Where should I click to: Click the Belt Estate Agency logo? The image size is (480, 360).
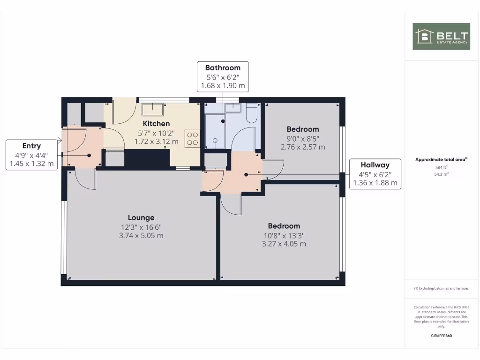pos(441,36)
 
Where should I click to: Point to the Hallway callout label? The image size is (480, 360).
pos(375,173)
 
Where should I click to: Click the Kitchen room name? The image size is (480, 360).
pos(156,124)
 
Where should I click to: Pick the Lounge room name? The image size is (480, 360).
pos(141,217)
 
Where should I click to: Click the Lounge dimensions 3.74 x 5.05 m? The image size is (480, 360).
pos(141,235)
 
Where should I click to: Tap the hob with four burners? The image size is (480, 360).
pos(192,138)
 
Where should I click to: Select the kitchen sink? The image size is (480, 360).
pos(153,109)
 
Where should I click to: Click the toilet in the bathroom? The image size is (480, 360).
pos(252,113)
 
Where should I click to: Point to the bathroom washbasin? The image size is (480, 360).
pos(232,108)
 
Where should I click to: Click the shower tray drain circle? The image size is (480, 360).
pos(216,140)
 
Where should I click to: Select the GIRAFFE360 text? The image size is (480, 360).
pos(441,336)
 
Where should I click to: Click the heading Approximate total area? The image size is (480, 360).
pos(441,159)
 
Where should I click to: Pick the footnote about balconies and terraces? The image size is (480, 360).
pos(441,288)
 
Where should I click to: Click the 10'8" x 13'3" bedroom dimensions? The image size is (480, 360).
pos(284,235)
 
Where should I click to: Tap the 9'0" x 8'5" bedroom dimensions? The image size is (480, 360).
pos(302,138)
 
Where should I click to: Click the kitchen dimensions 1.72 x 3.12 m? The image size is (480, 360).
pos(156,141)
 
